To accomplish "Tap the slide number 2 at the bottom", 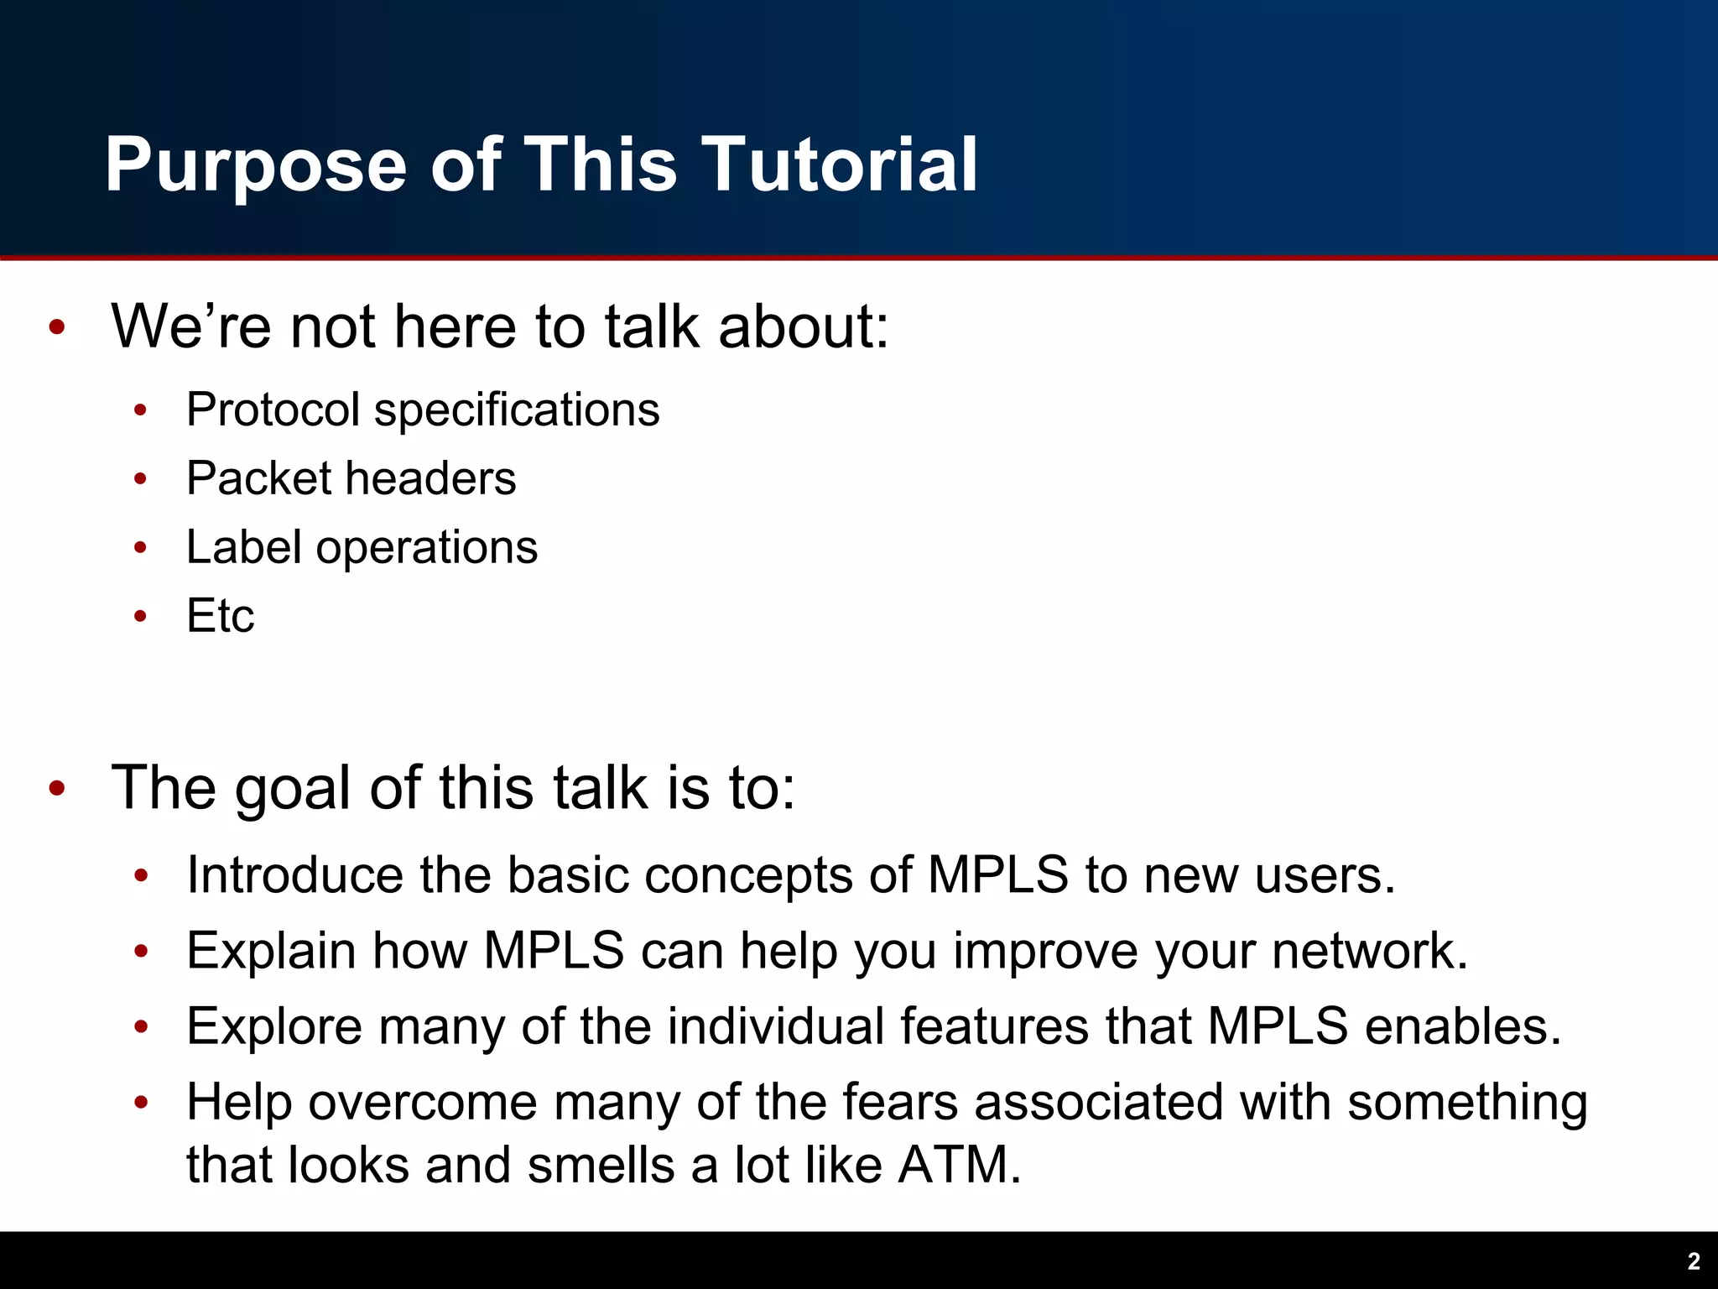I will [x=1693, y=1261].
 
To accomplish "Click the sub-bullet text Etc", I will [x=220, y=616].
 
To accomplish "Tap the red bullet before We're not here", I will [x=57, y=327].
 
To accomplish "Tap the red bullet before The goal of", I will [x=57, y=789].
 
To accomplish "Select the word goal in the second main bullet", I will [x=292, y=790].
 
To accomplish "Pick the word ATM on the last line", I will [x=959, y=1166].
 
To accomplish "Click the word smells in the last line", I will [x=601, y=1166].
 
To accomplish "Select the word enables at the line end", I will [x=1461, y=1026].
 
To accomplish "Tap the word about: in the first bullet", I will [x=803, y=327].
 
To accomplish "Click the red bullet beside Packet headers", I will [x=140, y=479].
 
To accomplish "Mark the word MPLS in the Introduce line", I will [x=998, y=875].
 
